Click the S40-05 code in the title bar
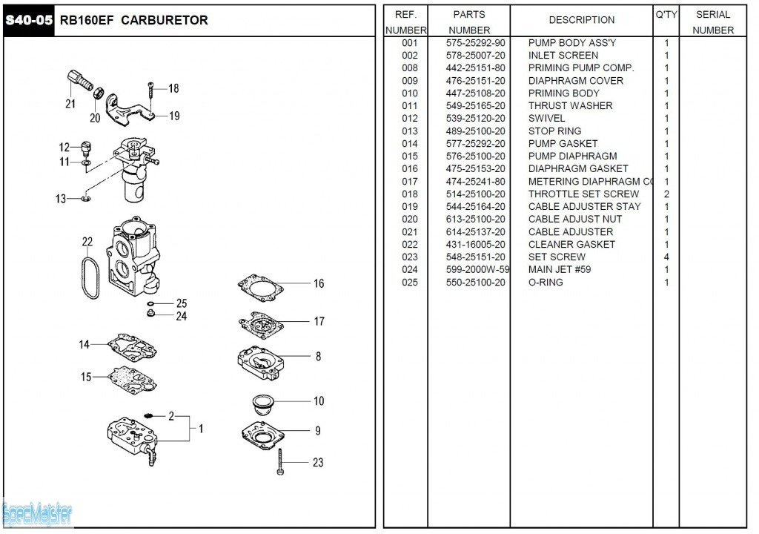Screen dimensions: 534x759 [29, 20]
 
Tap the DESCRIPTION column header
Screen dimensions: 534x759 [581, 20]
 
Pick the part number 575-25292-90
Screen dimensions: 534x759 [475, 43]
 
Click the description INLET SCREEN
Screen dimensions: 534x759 [563, 56]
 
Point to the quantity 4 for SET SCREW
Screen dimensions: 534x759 [666, 257]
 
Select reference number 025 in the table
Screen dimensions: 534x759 [410, 283]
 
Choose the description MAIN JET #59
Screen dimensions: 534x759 [560, 270]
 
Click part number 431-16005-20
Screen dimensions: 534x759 [475, 245]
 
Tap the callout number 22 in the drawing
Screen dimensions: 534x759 [87, 242]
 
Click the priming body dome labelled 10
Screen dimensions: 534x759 [262, 405]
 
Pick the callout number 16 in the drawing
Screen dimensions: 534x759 [319, 283]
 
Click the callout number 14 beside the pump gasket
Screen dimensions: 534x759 [84, 344]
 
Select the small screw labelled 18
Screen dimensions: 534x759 [150, 90]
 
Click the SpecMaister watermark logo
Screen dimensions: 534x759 [37, 512]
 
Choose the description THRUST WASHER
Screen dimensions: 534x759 [570, 106]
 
